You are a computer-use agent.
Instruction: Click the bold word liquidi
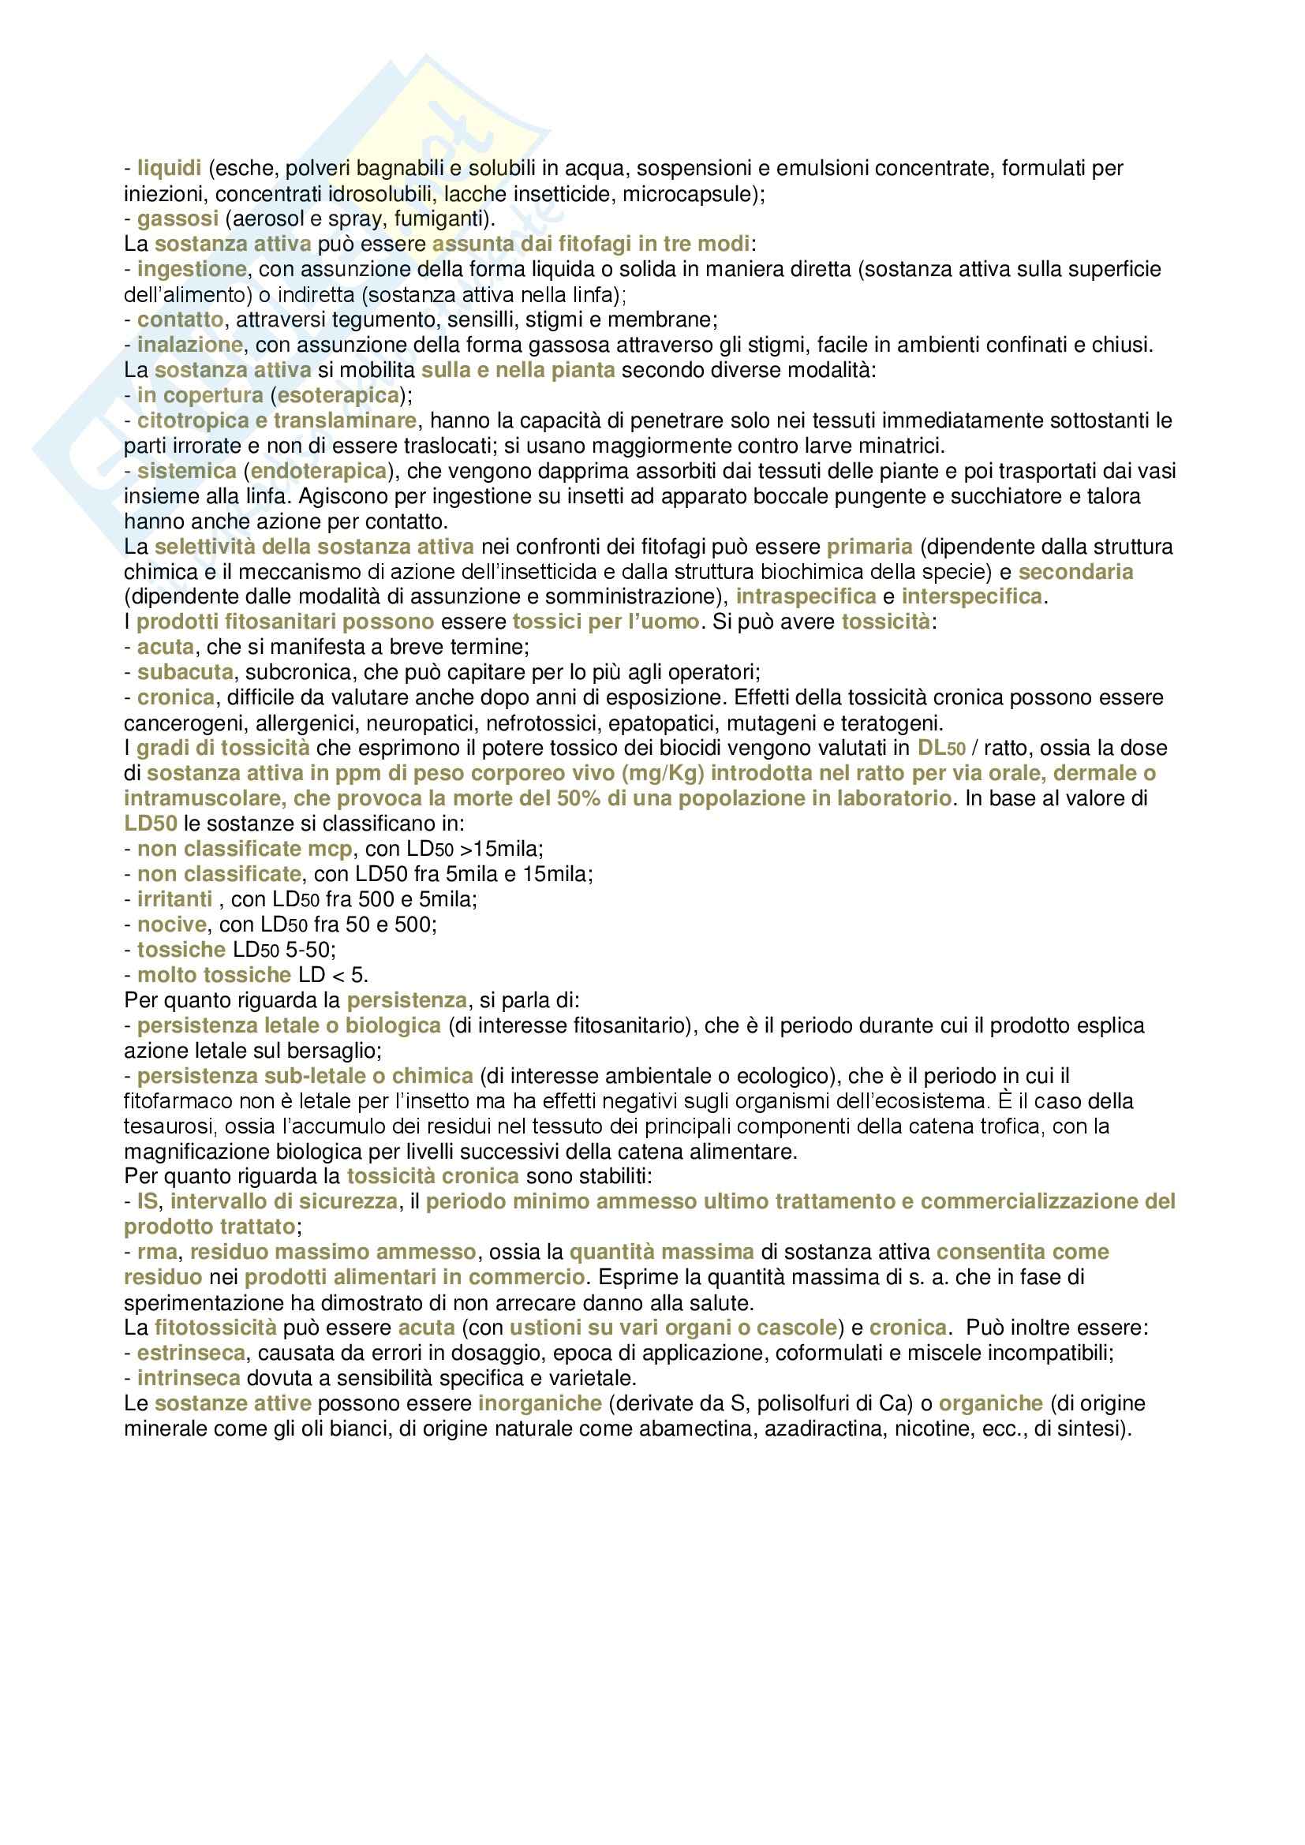[x=169, y=169]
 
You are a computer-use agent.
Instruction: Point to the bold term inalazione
[x=189, y=345]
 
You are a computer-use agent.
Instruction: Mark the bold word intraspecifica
[x=806, y=597]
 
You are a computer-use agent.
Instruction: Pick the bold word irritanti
[x=174, y=899]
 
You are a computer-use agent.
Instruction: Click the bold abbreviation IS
[x=148, y=1202]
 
